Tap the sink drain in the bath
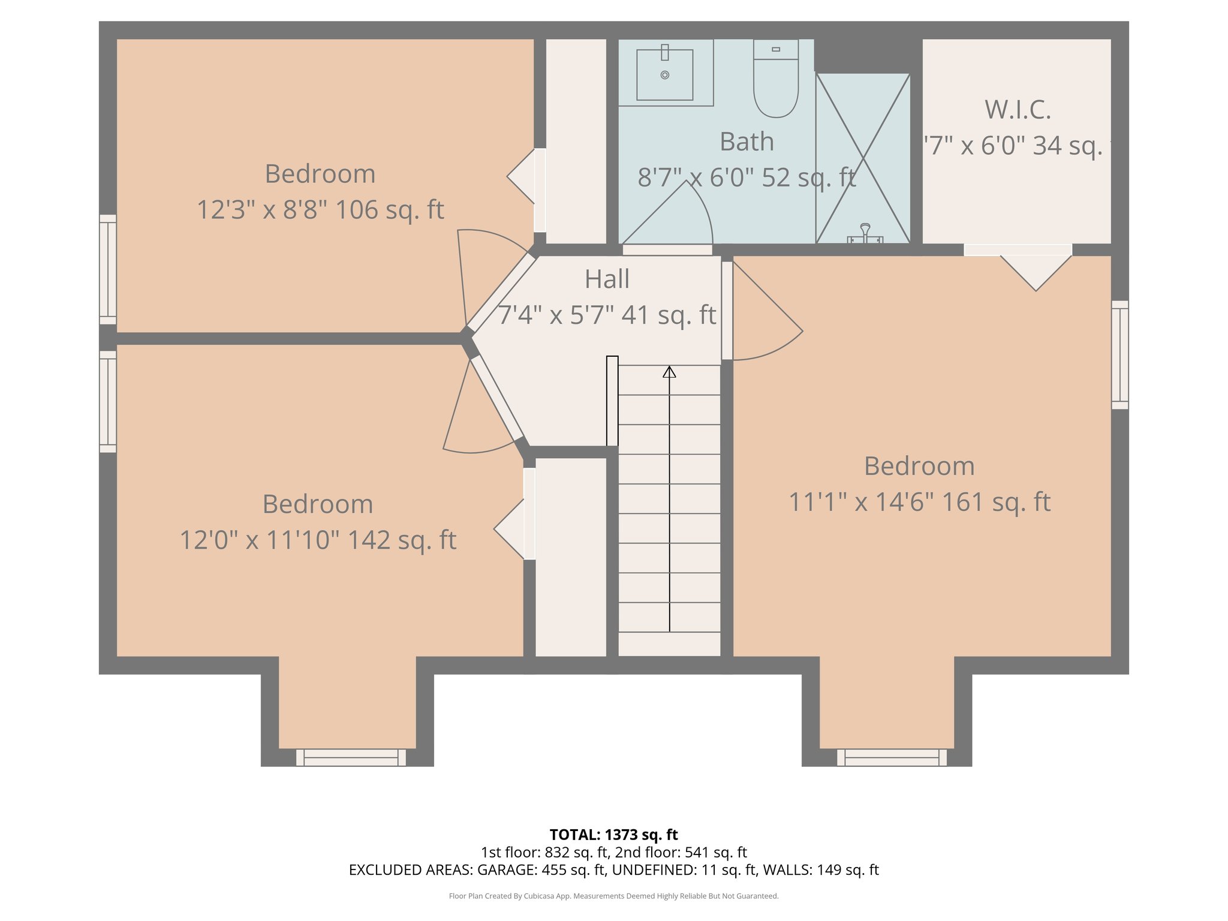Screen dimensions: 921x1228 [x=664, y=75]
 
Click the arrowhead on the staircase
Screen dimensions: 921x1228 [x=669, y=372]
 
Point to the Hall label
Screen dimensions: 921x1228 [x=607, y=279]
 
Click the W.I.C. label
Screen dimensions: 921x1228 [x=1018, y=110]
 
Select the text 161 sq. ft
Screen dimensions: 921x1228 [x=996, y=502]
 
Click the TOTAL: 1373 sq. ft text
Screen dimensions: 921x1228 [x=613, y=835]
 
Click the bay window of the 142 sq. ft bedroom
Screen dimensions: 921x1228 [x=351, y=757]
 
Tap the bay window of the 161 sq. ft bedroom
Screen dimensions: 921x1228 [x=892, y=757]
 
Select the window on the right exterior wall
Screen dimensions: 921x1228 [x=1119, y=355]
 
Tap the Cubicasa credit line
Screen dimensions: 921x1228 [x=613, y=896]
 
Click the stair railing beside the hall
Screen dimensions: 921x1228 [x=612, y=401]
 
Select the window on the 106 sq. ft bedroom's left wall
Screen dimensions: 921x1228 [x=108, y=269]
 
